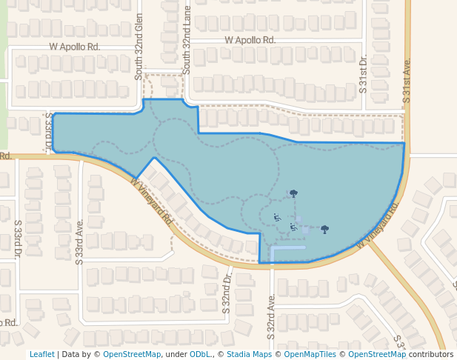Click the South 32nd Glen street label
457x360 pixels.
(x=138, y=46)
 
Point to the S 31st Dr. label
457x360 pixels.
(x=363, y=73)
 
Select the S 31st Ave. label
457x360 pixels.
(x=407, y=81)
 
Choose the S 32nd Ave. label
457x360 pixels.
(x=272, y=316)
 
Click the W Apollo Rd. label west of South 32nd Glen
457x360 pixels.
(x=74, y=46)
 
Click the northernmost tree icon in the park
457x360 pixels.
(x=294, y=193)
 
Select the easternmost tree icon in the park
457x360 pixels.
(x=324, y=229)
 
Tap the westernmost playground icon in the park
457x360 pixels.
(x=276, y=218)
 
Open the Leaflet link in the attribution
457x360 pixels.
(x=41, y=354)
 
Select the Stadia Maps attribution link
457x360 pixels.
(x=249, y=354)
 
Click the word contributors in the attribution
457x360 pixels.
(x=431, y=354)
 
